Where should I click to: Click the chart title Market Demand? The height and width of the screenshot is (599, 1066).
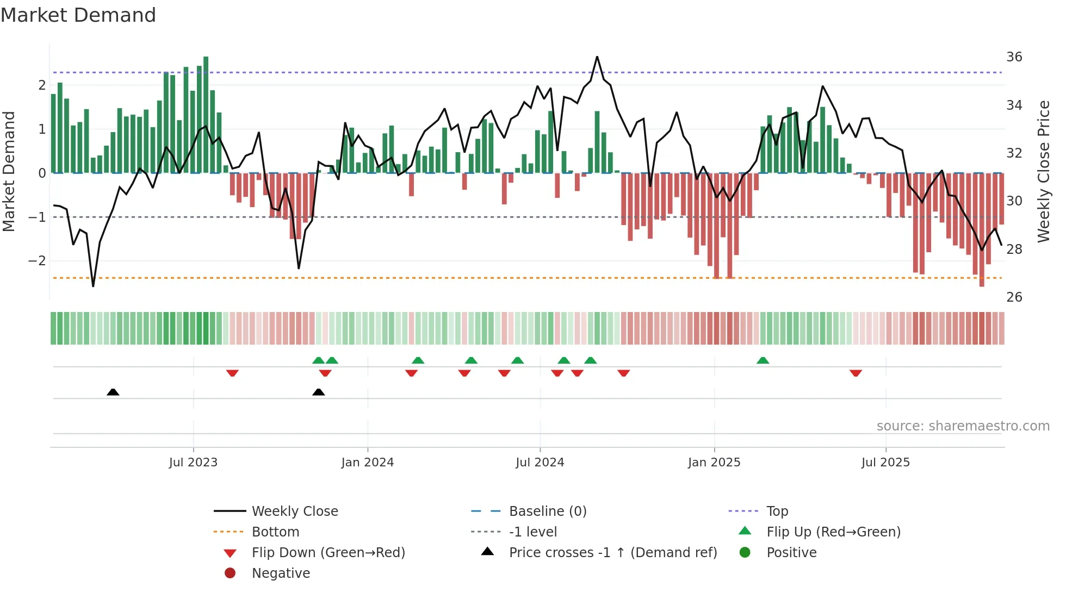[x=78, y=15]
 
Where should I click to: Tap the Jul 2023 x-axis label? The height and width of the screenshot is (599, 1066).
[x=193, y=463]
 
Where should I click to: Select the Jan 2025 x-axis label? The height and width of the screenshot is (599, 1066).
[x=714, y=463]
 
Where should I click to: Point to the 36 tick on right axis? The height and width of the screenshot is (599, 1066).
[x=1014, y=57]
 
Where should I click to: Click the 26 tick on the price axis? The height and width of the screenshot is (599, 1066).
[x=1014, y=297]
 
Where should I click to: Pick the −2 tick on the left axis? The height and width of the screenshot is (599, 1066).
[x=37, y=261]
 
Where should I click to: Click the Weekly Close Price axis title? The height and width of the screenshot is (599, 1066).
[x=1043, y=171]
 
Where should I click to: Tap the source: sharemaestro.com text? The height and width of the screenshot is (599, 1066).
[x=963, y=426]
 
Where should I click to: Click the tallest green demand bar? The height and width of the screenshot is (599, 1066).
[x=206, y=114]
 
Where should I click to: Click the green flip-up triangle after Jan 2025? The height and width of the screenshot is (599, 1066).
[x=763, y=360]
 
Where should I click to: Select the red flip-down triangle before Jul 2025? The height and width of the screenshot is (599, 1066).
[x=856, y=373]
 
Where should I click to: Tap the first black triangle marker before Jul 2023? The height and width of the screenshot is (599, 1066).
[x=113, y=392]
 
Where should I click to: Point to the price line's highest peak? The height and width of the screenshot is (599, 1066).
[x=597, y=57]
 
